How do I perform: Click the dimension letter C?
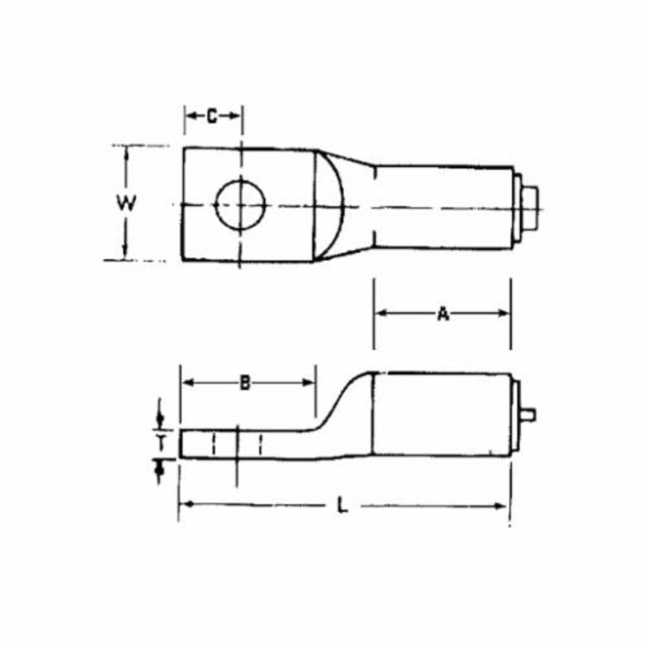[x=213, y=117]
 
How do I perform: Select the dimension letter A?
[x=443, y=314]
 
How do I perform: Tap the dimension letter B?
[x=245, y=383]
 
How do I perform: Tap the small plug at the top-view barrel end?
[x=529, y=205]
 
